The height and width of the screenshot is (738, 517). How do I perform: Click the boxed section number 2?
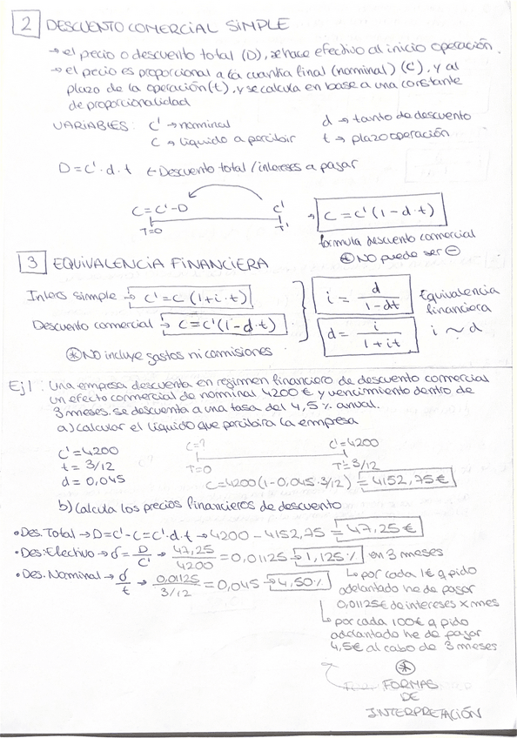[x=26, y=25]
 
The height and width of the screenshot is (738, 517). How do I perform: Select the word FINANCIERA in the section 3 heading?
[x=211, y=262]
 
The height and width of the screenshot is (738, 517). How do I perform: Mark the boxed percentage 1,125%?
[x=335, y=553]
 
